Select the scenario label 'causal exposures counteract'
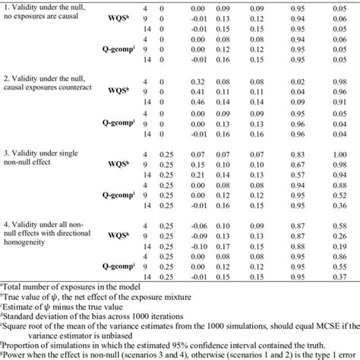(55, 88)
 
